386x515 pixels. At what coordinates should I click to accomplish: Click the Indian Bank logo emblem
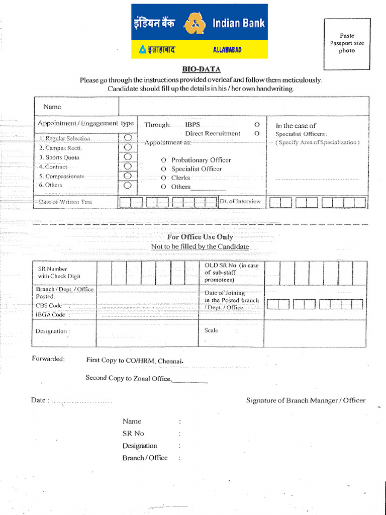click(195, 24)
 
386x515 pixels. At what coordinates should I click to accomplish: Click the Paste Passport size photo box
click(347, 44)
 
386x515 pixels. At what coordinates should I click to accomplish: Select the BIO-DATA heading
click(201, 69)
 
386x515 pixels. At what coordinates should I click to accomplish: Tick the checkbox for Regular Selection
click(128, 138)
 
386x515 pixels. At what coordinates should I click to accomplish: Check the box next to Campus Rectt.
click(128, 147)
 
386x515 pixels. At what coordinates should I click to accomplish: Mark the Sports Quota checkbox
click(128, 157)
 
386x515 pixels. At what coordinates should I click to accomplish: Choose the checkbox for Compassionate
click(128, 176)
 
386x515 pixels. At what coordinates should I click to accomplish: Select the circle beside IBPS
click(257, 124)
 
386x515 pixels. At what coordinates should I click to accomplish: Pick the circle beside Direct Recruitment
click(257, 134)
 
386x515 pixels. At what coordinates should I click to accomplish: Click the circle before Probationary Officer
click(163, 160)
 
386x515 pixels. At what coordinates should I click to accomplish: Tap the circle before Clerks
click(163, 178)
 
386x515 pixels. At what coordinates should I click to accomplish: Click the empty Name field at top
click(243, 107)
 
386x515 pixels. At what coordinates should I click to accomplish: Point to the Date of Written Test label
click(65, 202)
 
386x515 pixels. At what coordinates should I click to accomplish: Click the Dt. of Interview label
click(240, 201)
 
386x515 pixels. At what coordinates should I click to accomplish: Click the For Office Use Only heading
click(200, 237)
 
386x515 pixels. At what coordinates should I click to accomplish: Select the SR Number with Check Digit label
click(59, 273)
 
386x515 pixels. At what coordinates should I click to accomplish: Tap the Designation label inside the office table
click(52, 331)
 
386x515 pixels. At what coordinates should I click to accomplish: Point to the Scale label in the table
click(211, 330)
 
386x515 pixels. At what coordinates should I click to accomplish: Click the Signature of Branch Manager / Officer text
click(306, 400)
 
